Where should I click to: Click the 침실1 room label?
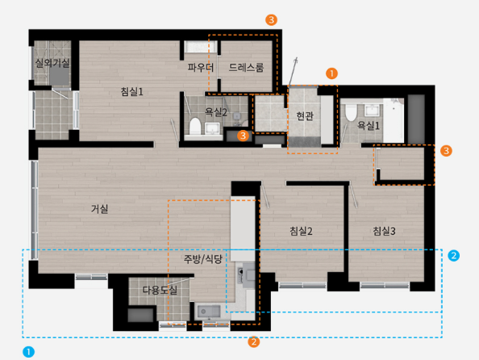tap(132, 91)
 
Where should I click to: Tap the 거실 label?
tap(99, 209)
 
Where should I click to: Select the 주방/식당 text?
tap(203, 259)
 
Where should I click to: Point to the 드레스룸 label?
tap(246, 67)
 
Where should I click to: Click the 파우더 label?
tap(201, 67)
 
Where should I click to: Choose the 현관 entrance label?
tap(305, 116)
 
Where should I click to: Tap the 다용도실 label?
tap(160, 290)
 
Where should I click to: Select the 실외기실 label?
tap(52, 63)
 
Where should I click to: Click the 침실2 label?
tap(301, 231)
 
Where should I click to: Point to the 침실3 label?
tap(384, 231)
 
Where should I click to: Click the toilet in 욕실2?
tap(195, 126)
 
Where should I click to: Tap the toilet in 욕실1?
tap(351, 112)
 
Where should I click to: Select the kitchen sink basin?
tap(209, 312)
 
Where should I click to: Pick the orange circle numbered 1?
tap(331, 73)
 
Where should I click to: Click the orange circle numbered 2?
tap(254, 341)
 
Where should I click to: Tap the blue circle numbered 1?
tap(29, 352)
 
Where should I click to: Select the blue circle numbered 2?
tap(454, 255)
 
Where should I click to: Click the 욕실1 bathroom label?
tap(369, 125)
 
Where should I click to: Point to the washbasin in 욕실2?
tap(212, 128)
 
